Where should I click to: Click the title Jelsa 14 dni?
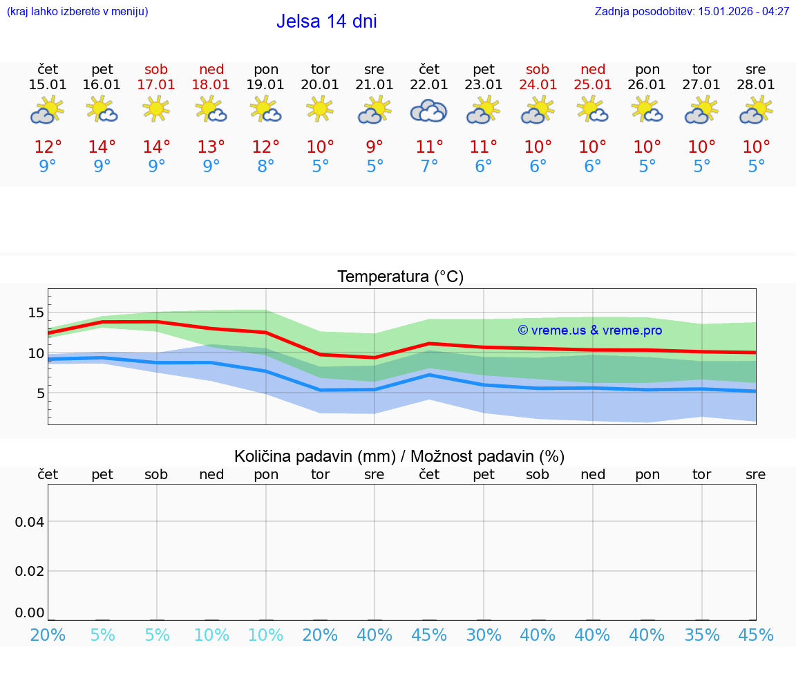(326, 21)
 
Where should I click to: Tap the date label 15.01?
(48, 85)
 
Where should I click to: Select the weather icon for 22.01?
(429, 111)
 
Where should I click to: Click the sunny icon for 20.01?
(320, 109)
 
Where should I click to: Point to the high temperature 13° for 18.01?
(211, 147)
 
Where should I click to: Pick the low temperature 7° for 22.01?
(429, 167)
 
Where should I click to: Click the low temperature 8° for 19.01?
(266, 167)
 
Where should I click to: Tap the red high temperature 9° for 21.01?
(375, 147)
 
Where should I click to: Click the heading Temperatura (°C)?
(400, 277)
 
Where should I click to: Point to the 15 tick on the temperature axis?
(36, 312)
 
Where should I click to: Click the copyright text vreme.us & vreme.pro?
(589, 330)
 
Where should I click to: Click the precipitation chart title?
(399, 456)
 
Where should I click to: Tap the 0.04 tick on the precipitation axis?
(30, 522)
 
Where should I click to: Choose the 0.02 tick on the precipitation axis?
(30, 571)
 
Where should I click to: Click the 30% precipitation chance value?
(484, 635)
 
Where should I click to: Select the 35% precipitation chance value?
(702, 635)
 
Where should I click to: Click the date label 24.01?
(538, 85)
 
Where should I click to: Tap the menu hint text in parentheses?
(77, 12)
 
